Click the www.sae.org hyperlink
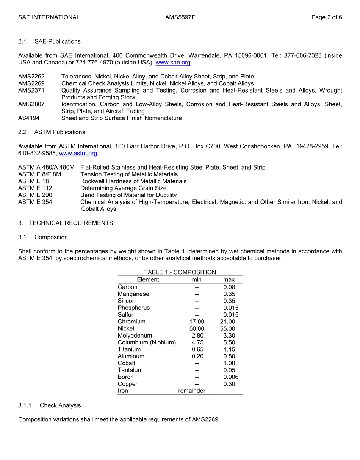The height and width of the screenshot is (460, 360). (173, 63)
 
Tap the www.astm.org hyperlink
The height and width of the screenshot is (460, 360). (78, 153)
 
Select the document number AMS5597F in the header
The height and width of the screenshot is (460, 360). (180, 17)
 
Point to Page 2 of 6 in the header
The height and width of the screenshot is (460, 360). (327, 17)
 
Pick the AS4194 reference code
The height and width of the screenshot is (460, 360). (29, 118)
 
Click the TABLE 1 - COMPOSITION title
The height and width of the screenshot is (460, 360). (180, 272)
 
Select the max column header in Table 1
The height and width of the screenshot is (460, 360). (229, 279)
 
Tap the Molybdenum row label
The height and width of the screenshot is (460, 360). (135, 336)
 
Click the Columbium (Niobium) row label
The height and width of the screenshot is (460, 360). (147, 342)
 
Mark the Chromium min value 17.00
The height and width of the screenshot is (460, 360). (197, 322)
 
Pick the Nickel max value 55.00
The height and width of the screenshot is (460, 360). (227, 328)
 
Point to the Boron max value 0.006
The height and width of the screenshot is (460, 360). (231, 377)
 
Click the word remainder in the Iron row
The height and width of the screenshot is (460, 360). (192, 391)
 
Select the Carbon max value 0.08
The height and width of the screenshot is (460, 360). (229, 287)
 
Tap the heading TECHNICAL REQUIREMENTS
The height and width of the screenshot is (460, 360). (71, 223)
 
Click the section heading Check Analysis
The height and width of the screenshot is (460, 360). (60, 405)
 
